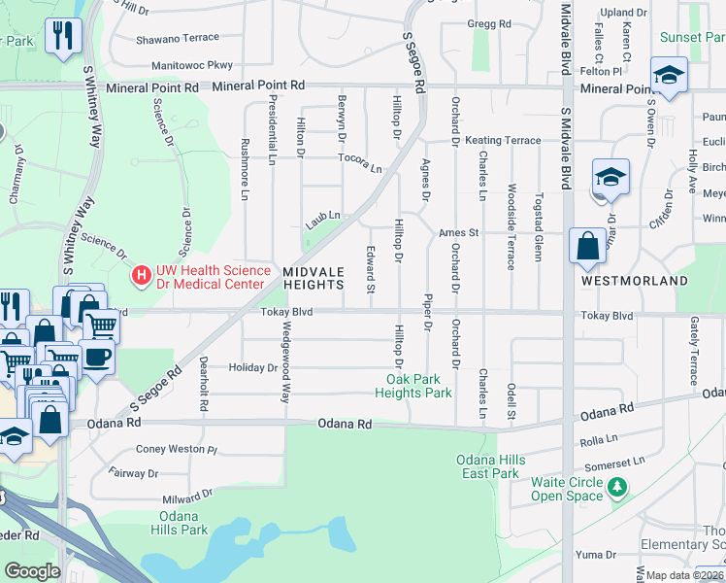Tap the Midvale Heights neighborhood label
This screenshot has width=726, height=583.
(x=313, y=278)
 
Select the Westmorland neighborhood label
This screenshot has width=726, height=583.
(x=634, y=281)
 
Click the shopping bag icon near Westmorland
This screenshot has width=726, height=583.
(x=588, y=246)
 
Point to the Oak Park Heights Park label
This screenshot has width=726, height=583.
(x=413, y=387)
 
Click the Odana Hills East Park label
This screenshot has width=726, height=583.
(x=489, y=466)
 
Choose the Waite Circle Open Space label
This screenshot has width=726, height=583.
(x=567, y=489)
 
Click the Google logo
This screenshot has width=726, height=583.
(x=32, y=571)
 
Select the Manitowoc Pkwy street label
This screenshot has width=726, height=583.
(x=192, y=66)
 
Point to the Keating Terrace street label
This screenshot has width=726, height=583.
(x=503, y=141)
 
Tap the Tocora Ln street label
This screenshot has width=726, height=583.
(x=360, y=162)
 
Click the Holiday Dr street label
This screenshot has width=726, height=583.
(x=252, y=368)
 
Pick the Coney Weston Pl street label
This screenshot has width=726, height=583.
(x=176, y=449)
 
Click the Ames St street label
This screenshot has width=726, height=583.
(x=459, y=233)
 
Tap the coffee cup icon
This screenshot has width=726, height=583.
(x=96, y=356)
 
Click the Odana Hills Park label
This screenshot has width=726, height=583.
(x=180, y=524)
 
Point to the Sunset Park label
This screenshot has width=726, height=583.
(x=693, y=38)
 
